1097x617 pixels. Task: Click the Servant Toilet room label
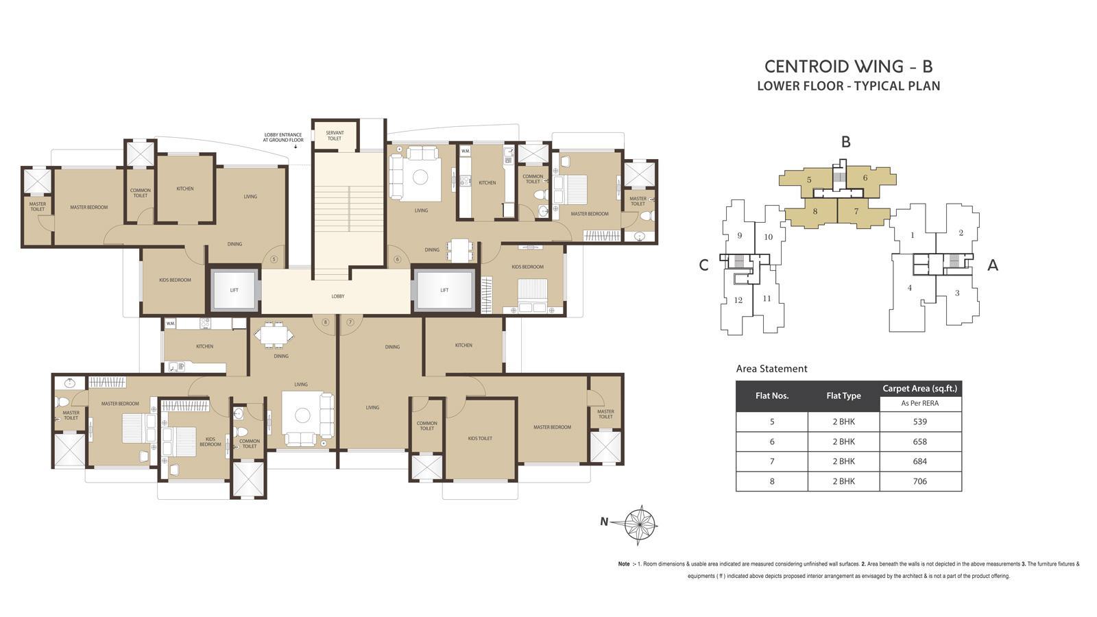[335, 136]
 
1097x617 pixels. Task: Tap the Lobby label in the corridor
[338, 296]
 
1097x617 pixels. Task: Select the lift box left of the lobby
[234, 290]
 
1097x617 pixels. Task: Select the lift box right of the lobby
[444, 290]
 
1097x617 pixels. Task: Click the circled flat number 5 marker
[274, 259]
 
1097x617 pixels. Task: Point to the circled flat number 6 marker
[397, 259]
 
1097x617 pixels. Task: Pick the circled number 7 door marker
[350, 322]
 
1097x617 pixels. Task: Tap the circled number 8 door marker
[325, 322]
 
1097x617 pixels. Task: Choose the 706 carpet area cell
[920, 481]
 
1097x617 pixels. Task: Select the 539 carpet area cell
[920, 422]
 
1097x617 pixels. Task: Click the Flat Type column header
[843, 396]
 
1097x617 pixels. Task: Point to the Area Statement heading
[771, 369]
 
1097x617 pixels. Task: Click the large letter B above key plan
[846, 142]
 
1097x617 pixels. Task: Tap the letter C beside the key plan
[703, 266]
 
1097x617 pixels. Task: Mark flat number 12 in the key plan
[738, 300]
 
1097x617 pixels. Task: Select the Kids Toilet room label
[480, 438]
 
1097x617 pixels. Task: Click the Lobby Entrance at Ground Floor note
[282, 137]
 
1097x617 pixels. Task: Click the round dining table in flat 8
[274, 335]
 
